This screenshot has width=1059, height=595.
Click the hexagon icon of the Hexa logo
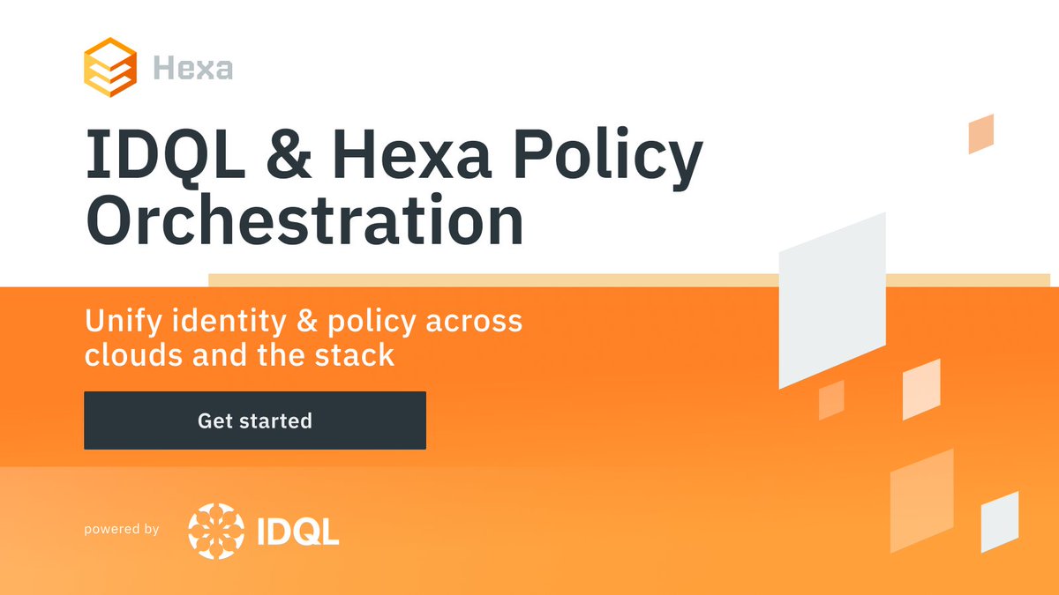click(110, 65)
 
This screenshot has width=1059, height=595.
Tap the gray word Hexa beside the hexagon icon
click(192, 67)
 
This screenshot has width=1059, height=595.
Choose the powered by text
click(122, 530)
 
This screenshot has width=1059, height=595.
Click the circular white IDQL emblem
click(215, 532)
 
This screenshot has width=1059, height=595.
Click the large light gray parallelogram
click(832, 300)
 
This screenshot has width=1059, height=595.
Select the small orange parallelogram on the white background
click(981, 133)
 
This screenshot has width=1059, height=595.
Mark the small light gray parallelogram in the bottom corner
click(1000, 522)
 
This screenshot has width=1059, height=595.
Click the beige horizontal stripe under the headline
click(494, 280)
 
